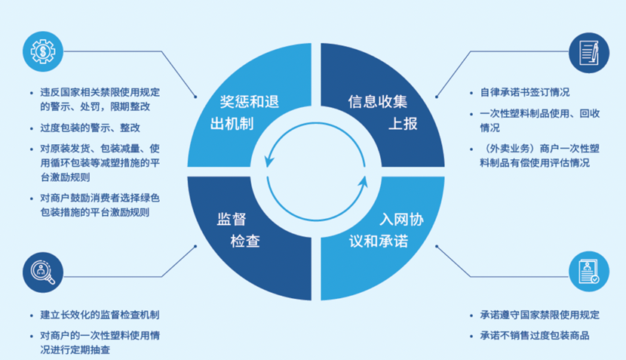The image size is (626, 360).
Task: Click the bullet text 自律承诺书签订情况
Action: (524, 93)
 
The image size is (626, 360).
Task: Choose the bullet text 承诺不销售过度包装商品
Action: (534, 336)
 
